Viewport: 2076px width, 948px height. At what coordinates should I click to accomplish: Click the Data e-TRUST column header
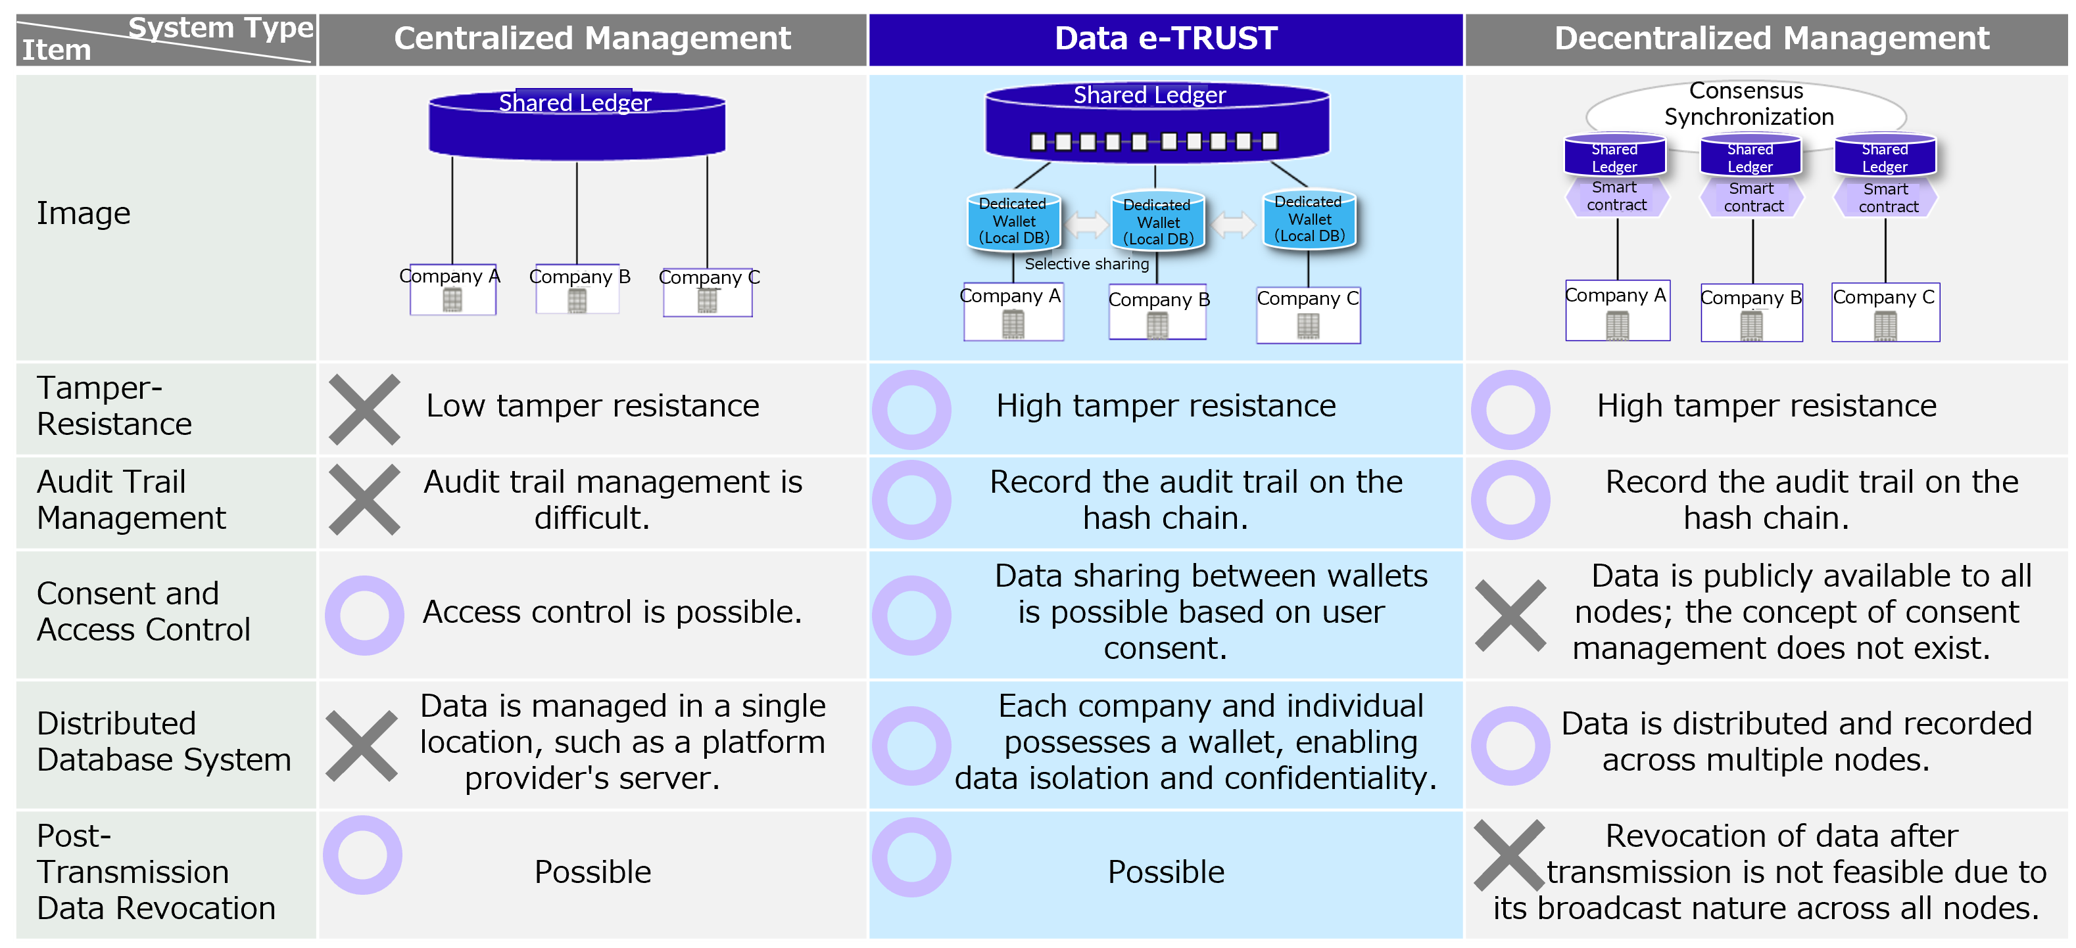tap(1165, 39)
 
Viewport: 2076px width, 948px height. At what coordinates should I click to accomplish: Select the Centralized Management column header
tap(592, 39)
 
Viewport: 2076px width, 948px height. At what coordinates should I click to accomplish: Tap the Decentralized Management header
tap(1771, 39)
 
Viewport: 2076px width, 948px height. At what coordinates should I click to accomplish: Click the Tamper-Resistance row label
tap(114, 406)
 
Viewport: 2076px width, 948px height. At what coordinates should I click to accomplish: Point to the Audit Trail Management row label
tap(131, 499)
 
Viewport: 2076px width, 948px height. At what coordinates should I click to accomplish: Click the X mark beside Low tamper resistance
tap(364, 409)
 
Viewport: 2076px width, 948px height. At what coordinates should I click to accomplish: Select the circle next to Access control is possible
tap(364, 614)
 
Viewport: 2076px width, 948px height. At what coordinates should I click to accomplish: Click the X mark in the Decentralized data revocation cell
tap(1509, 855)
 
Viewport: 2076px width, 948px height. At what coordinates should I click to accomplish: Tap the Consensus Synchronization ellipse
tap(1747, 104)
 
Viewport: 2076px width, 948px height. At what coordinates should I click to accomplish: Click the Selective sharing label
tap(1086, 263)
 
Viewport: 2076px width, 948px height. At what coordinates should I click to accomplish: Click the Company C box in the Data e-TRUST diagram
tap(1308, 315)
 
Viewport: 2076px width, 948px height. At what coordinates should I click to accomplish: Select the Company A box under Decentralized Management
tap(1616, 311)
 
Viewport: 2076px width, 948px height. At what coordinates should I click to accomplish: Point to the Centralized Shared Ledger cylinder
tap(576, 125)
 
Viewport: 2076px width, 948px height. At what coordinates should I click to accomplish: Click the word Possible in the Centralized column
tap(592, 872)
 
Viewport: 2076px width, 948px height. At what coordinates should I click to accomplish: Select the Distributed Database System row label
tap(164, 741)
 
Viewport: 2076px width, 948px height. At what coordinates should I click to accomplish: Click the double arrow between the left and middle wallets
tap(1086, 224)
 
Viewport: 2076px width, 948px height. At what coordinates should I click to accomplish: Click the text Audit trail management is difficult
tap(612, 499)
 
